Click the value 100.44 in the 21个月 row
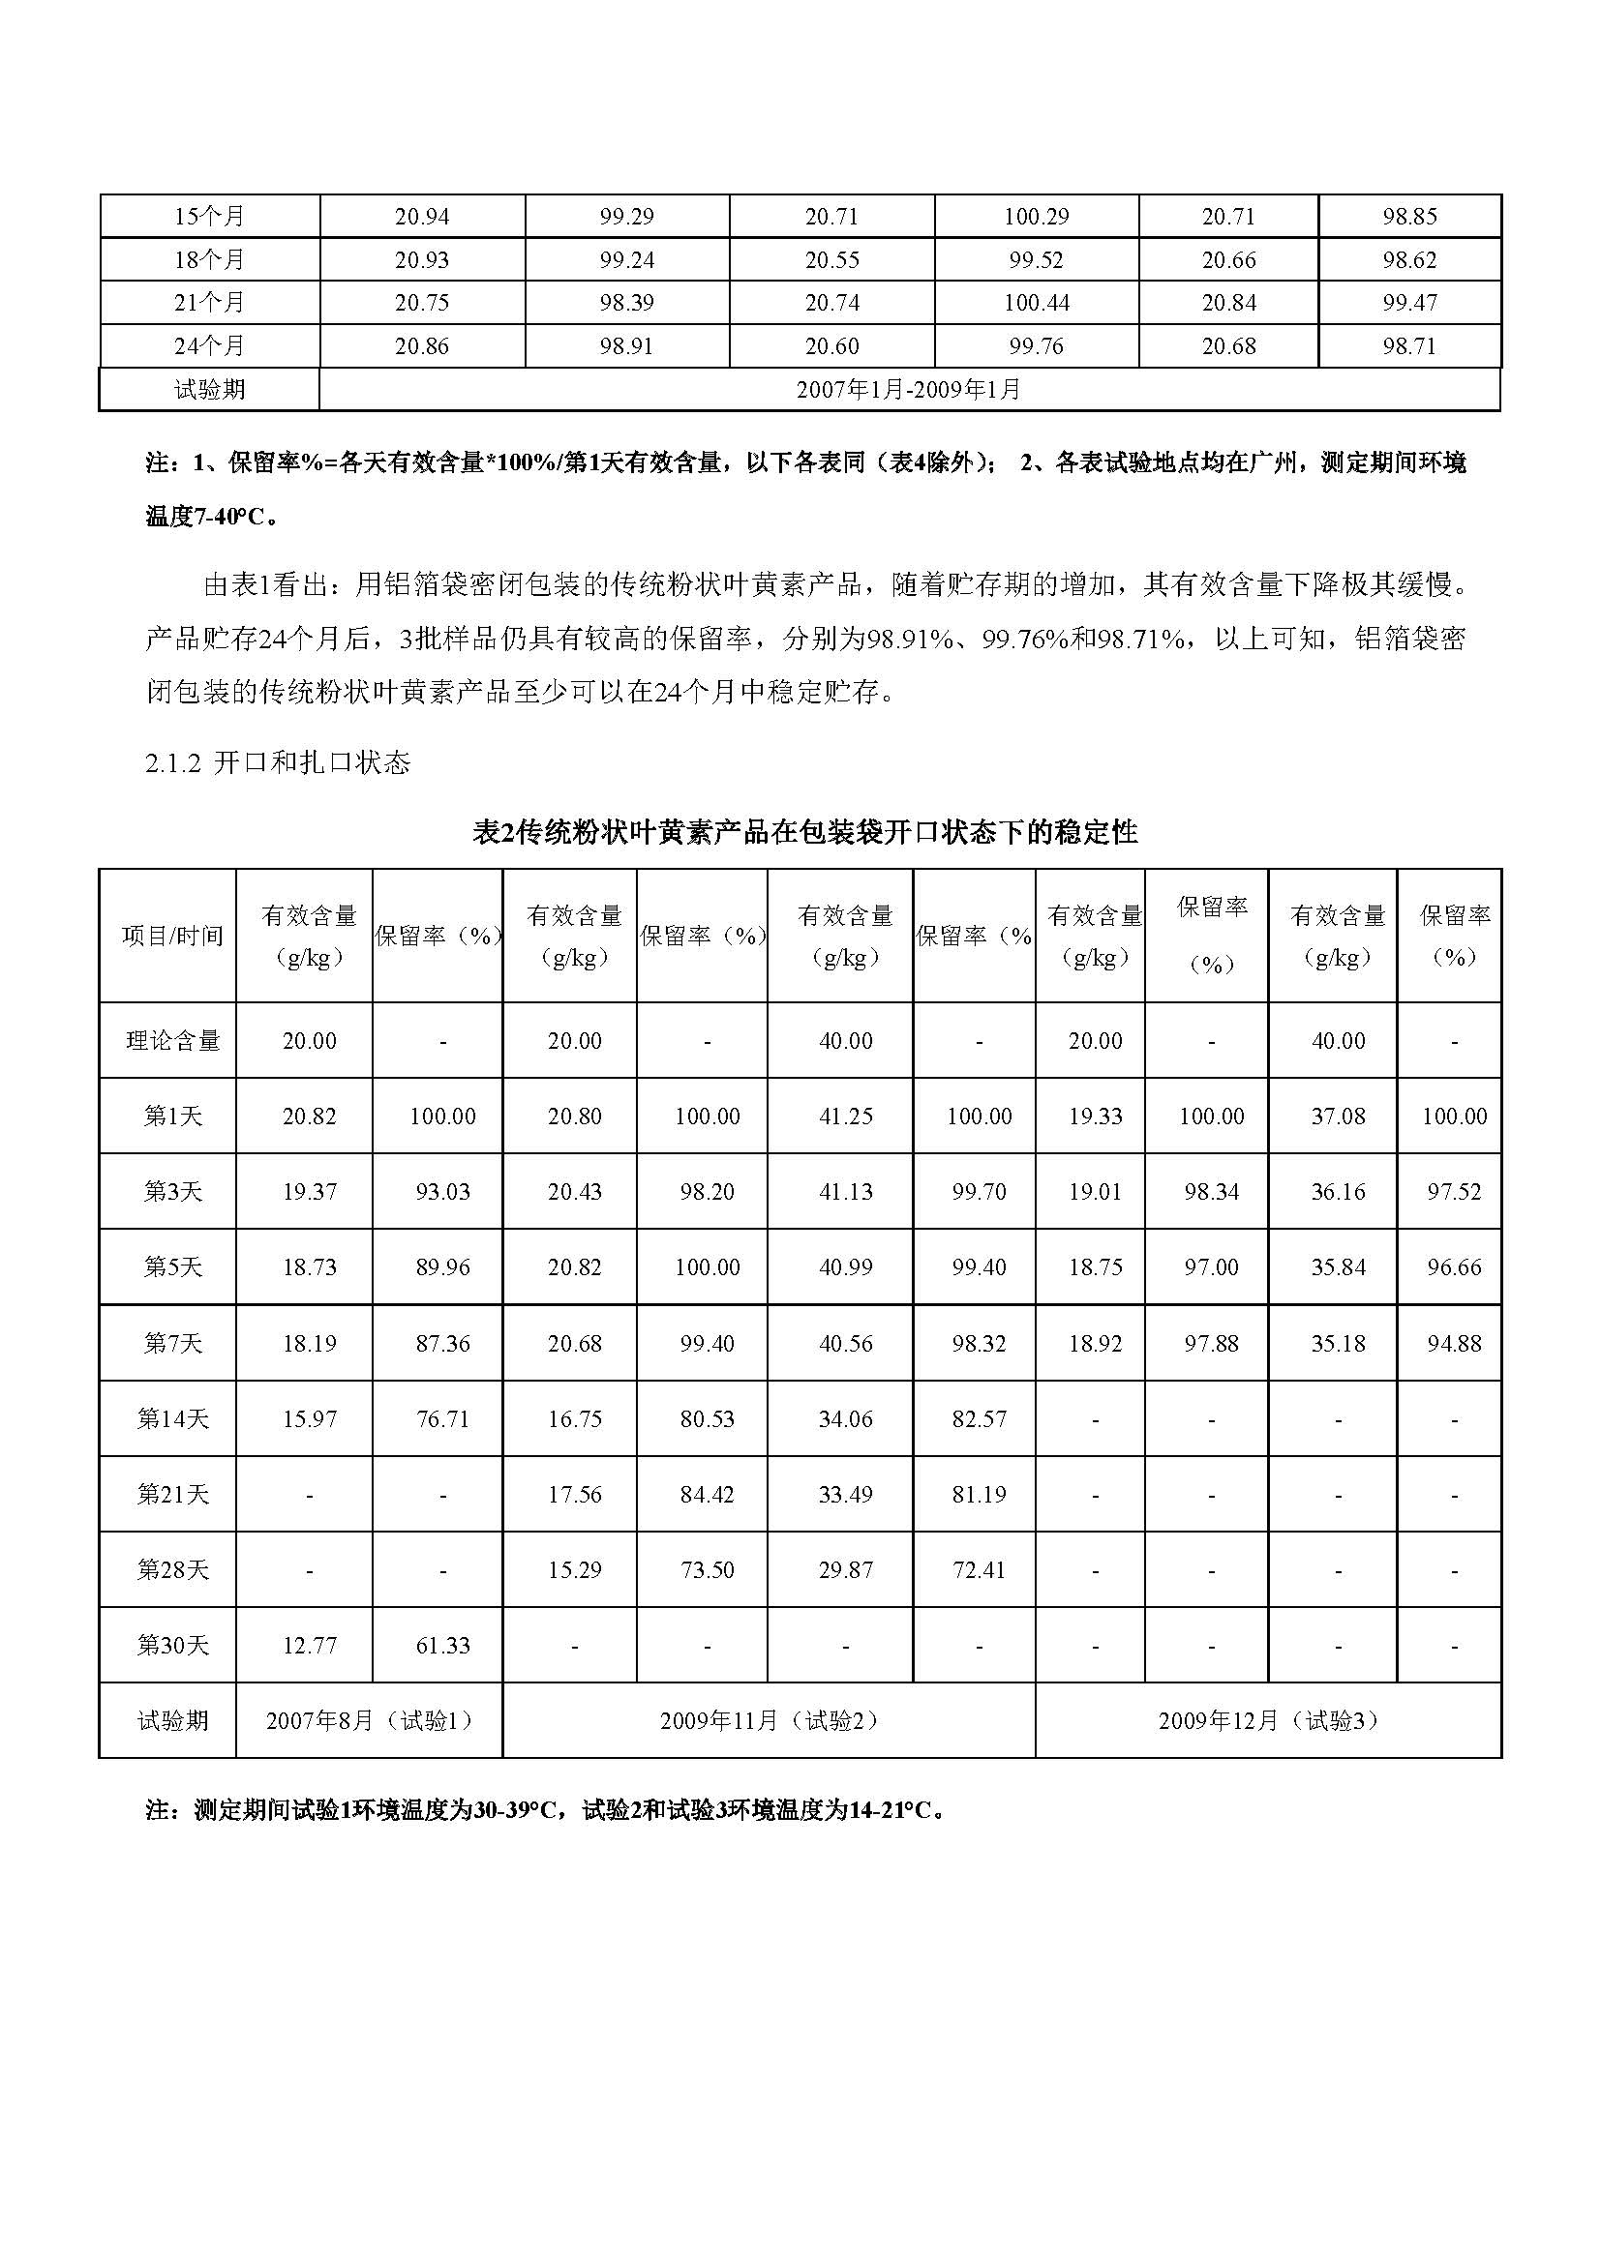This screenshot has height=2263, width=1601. (1036, 304)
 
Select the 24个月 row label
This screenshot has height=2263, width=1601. (209, 347)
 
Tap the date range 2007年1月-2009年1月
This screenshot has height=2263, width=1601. (909, 390)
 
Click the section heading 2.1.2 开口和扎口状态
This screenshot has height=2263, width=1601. (277, 762)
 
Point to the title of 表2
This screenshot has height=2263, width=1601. (805, 833)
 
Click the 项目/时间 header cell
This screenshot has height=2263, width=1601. (172, 937)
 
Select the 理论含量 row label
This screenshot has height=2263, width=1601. (172, 1041)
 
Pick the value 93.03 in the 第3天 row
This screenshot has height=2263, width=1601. (442, 1192)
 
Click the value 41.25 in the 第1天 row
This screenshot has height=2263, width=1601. (846, 1117)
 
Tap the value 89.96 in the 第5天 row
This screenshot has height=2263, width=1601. (442, 1267)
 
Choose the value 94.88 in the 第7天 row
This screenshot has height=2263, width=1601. (1454, 1344)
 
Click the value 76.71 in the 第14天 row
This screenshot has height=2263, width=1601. (442, 1419)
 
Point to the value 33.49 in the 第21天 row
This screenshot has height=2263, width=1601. (846, 1495)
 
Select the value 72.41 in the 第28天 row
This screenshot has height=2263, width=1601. (979, 1570)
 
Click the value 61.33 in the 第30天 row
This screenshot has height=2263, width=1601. (442, 1646)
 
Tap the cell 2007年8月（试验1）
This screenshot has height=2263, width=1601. (370, 1721)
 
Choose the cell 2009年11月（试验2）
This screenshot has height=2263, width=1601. (769, 1721)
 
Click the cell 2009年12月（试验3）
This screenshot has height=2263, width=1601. (1268, 1721)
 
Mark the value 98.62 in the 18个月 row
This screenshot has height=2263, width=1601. (1408, 260)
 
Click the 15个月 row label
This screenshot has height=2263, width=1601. (209, 217)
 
